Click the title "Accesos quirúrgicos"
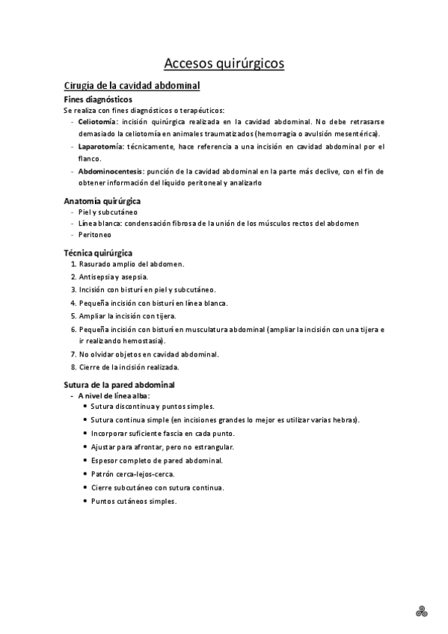pos(224,64)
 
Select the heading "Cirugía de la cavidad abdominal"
pos(132,87)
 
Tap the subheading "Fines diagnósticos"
pos(98,99)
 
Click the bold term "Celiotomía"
pos(97,121)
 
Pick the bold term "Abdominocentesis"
pos(110,171)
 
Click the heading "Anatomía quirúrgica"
pos(102,201)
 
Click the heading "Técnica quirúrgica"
pos(98,253)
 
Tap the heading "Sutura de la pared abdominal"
pos(119,385)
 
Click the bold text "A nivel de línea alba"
pos(114,395)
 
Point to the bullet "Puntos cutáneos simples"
pos(134,501)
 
